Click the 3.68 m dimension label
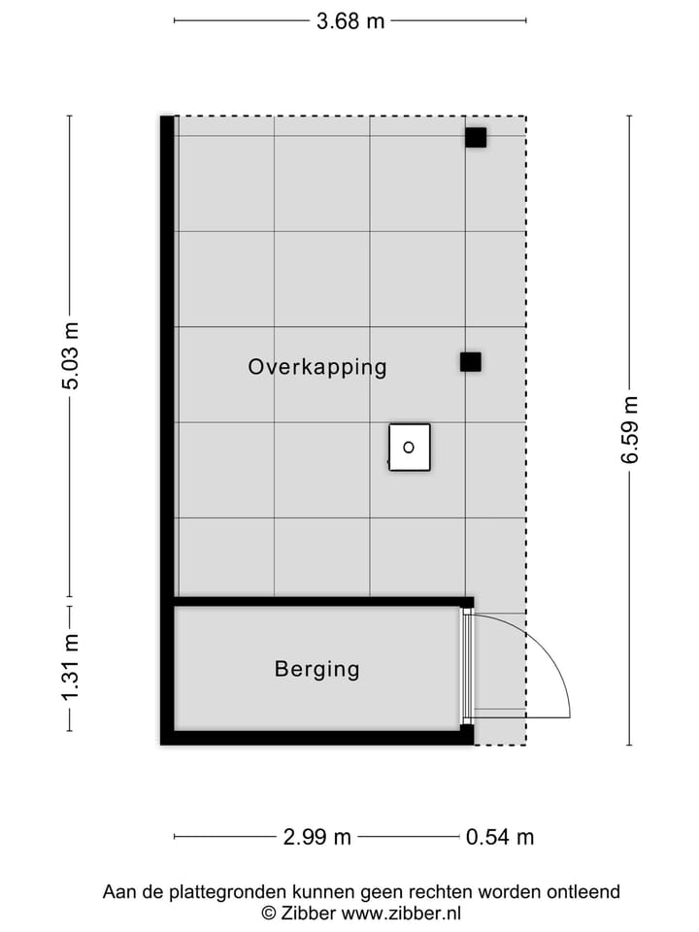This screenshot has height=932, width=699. tap(350, 20)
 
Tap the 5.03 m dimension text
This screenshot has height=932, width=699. tap(71, 355)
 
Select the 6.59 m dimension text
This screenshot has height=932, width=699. tap(630, 430)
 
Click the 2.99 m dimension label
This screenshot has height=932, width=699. tap(316, 837)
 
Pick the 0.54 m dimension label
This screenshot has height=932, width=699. tap(500, 837)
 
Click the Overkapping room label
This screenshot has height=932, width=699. tap(317, 367)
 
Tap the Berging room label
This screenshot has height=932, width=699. tap(316, 669)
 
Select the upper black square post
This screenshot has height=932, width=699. tap(475, 138)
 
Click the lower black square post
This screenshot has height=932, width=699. tap(471, 362)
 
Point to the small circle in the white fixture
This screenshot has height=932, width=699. tap(409, 448)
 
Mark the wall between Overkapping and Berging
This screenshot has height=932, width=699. tap(320, 602)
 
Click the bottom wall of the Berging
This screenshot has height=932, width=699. tap(320, 737)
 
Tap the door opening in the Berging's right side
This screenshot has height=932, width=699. tap(467, 669)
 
